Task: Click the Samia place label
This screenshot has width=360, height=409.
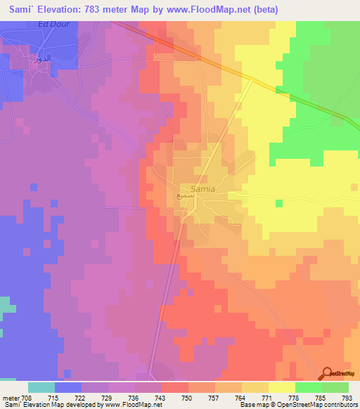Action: (202, 189)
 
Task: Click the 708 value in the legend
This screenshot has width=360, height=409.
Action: (27, 398)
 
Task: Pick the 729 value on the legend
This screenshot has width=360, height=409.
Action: (108, 398)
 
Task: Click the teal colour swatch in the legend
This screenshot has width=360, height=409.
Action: (41, 387)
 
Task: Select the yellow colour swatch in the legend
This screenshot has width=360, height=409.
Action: (282, 387)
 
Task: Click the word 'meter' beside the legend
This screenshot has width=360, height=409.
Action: (11, 398)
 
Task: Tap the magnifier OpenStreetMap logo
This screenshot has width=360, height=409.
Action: (328, 374)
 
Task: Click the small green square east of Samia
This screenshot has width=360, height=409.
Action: (279, 204)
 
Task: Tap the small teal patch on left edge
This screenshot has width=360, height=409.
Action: (6, 305)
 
